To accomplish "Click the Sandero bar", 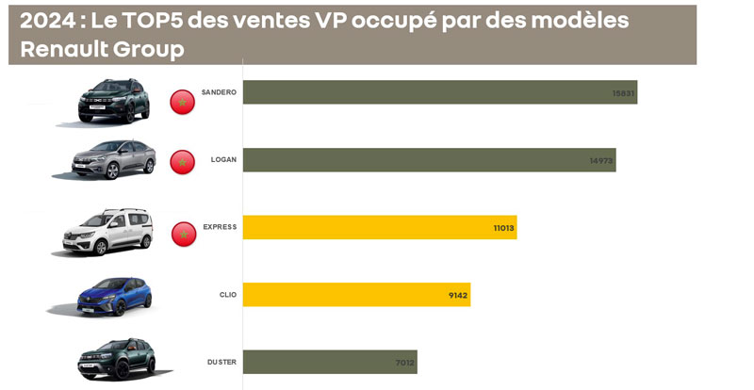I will point(439,92).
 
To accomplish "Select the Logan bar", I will point(429,160).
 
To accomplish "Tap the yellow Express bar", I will point(379,227).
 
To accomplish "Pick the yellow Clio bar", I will point(355,295).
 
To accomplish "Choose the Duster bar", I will point(329,362).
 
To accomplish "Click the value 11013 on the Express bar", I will point(503,228).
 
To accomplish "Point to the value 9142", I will point(458,296).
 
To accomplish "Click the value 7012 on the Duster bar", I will point(404,363).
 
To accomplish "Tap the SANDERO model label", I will point(219,92).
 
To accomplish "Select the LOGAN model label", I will point(223,160).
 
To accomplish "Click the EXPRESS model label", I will point(220,227).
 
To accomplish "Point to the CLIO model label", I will point(227,295).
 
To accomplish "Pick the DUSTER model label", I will point(221,362).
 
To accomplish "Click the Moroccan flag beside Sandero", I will point(182,101).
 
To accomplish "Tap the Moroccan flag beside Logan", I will point(182,162).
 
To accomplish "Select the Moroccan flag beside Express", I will point(184,234).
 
